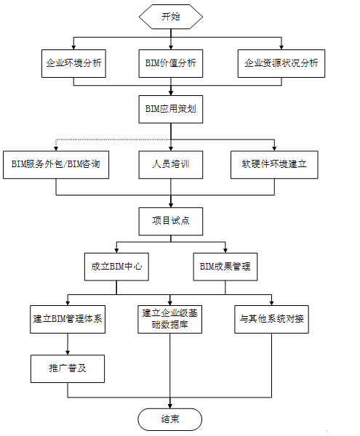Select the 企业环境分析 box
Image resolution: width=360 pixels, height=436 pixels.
[x=73, y=63]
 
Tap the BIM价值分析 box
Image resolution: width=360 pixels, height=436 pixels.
[x=169, y=63]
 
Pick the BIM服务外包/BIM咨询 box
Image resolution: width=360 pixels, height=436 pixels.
[x=61, y=164]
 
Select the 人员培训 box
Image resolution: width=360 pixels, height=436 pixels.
[x=169, y=164]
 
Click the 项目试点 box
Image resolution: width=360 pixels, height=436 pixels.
[x=169, y=220]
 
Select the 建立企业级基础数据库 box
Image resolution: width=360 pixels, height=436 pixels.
[x=171, y=320]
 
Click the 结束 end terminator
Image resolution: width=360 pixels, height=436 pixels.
[x=170, y=419]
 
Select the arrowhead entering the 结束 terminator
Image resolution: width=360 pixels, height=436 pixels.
[x=170, y=404]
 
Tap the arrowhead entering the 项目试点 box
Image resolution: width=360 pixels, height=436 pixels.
[x=170, y=204]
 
